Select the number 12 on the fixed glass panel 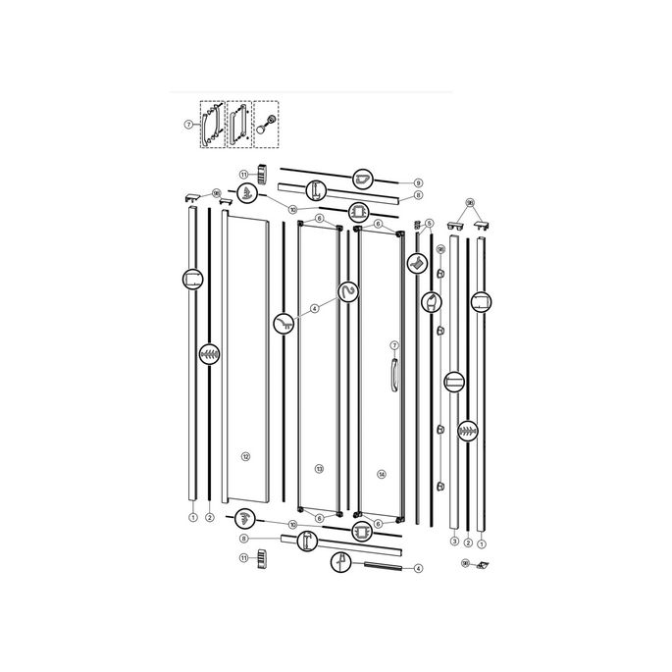click(x=246, y=456)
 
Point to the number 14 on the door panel click(x=381, y=475)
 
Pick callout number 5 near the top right click(x=429, y=224)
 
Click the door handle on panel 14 click(x=392, y=376)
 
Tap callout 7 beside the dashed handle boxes click(x=187, y=125)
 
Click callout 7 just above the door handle click(x=394, y=345)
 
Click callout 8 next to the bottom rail click(x=243, y=539)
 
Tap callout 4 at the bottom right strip click(x=418, y=568)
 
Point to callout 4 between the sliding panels click(x=314, y=308)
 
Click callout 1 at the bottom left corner click(x=193, y=516)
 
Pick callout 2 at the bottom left click(x=210, y=516)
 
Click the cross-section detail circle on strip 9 click(x=364, y=179)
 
